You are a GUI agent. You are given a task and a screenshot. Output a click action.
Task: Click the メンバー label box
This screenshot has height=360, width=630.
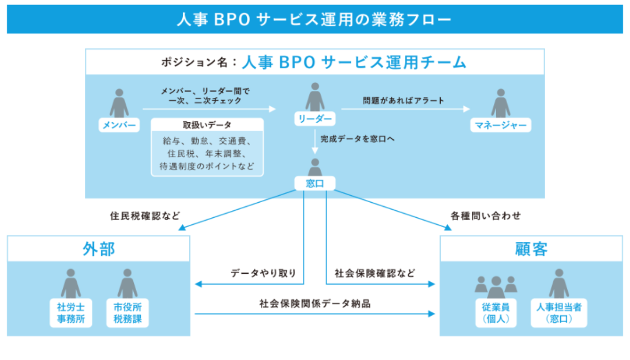[x=119, y=125]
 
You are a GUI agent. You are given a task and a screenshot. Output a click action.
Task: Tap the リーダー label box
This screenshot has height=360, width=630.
[x=315, y=119]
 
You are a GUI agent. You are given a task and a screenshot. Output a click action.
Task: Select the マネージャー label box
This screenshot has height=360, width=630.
[x=500, y=125]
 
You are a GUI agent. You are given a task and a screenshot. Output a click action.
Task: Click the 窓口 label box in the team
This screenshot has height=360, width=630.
[x=315, y=183]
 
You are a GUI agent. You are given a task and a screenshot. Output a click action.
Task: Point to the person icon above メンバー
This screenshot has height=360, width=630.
[x=119, y=102]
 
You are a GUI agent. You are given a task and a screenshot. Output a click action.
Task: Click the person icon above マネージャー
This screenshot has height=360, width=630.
[x=500, y=102]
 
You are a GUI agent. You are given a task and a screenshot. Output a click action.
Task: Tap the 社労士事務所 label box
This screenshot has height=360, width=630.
[x=71, y=313]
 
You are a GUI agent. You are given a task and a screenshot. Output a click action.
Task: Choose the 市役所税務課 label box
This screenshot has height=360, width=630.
[x=127, y=313]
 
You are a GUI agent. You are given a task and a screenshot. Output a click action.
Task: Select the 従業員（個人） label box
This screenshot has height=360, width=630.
[x=496, y=313]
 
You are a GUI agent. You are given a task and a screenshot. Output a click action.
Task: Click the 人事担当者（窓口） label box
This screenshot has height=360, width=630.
[x=558, y=313]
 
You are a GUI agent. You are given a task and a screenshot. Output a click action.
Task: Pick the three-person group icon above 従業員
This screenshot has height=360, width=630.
[x=496, y=287]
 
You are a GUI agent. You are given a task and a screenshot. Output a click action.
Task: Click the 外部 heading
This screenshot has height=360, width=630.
[x=98, y=249]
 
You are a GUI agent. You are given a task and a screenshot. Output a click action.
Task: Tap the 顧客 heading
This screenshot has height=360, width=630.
[x=531, y=249]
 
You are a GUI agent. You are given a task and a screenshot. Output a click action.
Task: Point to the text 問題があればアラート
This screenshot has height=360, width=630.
[x=403, y=100]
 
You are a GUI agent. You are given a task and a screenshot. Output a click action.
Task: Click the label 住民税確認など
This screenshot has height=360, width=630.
[x=145, y=216]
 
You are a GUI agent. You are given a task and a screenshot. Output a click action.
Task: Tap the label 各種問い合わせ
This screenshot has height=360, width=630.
[x=486, y=216]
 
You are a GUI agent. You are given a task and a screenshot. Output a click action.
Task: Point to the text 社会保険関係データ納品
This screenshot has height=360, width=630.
[x=315, y=304]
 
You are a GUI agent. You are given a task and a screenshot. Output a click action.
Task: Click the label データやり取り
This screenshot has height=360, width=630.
[x=263, y=273]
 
